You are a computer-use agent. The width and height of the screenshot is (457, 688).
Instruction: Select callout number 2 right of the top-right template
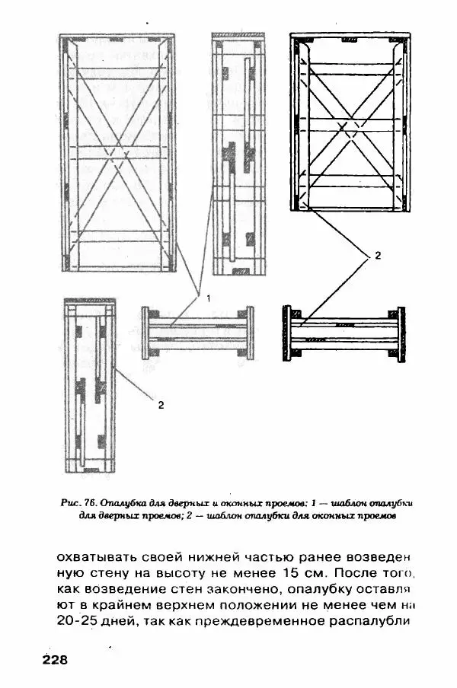point(378,256)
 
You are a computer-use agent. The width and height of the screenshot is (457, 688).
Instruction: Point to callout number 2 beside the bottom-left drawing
point(161,405)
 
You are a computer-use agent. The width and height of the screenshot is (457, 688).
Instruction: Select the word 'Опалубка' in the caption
point(120,503)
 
